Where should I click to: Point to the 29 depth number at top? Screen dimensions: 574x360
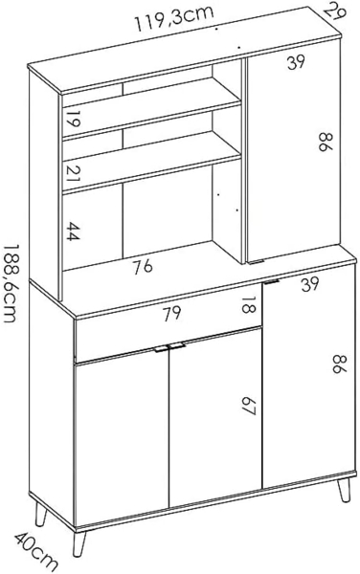pyautogui.click(x=333, y=12)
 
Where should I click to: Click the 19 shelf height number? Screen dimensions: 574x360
pyautogui.click(x=71, y=121)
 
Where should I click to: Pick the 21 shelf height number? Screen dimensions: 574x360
pyautogui.click(x=72, y=173)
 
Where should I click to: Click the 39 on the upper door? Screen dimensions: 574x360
pyautogui.click(x=296, y=63)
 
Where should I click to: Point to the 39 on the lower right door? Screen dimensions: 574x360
pyautogui.click(x=308, y=284)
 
